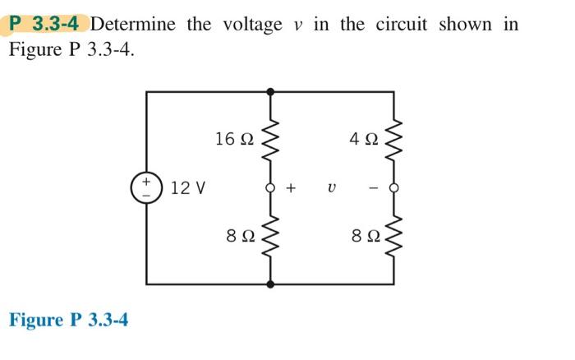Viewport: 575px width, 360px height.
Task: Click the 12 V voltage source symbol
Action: [x=148, y=187]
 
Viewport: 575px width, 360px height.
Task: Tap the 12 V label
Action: [x=188, y=188]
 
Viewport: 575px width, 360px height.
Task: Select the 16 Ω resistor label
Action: [x=233, y=139]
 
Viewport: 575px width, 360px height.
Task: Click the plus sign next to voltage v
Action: [x=291, y=188]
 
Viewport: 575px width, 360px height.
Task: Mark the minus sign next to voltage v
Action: [x=371, y=188]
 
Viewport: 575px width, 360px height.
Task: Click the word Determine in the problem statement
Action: [x=138, y=24]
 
